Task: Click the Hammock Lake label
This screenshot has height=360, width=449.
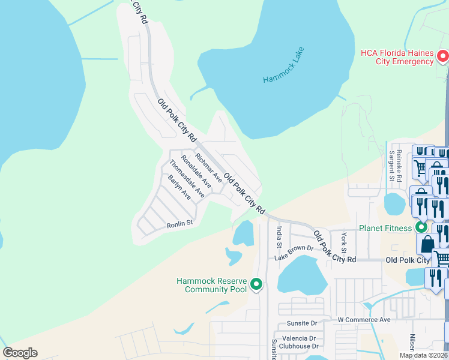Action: click(284, 65)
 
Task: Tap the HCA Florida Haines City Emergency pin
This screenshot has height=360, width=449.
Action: click(444, 57)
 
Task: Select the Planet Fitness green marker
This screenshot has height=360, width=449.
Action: click(421, 227)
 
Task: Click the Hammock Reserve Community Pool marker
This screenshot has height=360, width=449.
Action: click(257, 284)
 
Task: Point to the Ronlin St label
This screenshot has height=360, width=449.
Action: click(179, 224)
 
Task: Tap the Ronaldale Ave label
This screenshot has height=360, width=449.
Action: click(196, 172)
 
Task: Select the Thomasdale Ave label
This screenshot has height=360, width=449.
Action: click(187, 179)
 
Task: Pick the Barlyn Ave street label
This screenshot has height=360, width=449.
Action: click(179, 188)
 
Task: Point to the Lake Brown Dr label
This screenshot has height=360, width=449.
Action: click(294, 253)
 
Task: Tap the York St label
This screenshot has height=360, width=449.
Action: click(344, 242)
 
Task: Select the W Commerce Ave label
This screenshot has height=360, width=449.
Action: click(364, 320)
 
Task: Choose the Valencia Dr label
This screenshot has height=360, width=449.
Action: click(300, 338)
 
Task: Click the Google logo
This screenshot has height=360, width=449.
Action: click(20, 352)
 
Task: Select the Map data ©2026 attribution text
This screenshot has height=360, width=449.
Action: click(423, 355)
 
